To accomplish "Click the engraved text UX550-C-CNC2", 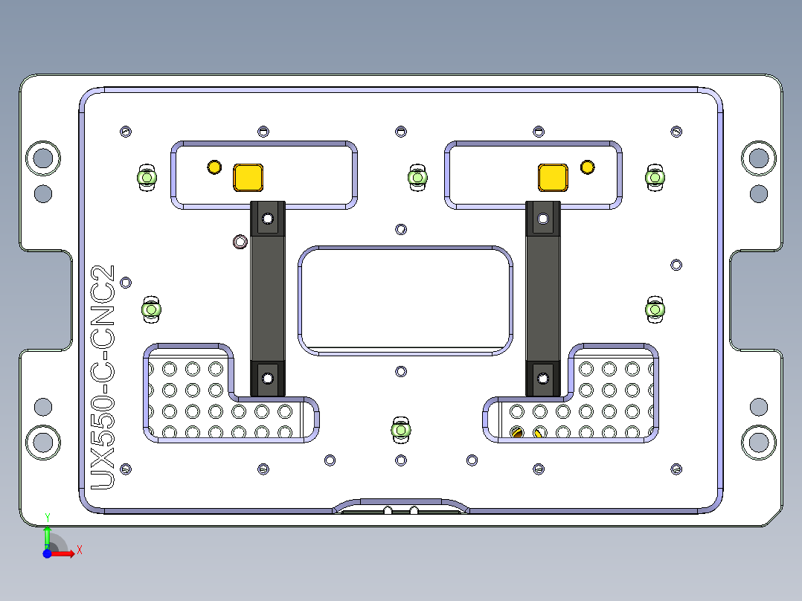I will click(x=102, y=377).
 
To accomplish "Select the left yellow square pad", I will click(x=248, y=177).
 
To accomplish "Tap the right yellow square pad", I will click(x=552, y=177).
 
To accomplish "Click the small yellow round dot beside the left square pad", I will click(x=214, y=167).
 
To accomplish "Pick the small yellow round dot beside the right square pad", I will click(x=587, y=167).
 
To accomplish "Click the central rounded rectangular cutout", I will click(x=405, y=299).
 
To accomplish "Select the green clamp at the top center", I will click(x=418, y=178).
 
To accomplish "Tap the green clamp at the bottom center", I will click(x=401, y=429).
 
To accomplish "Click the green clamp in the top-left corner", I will click(x=147, y=178).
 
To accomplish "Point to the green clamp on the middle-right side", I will click(x=655, y=309).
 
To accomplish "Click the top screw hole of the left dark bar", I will click(x=267, y=219).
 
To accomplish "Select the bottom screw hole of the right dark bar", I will click(x=542, y=379).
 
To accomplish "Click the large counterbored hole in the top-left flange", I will click(x=42, y=158).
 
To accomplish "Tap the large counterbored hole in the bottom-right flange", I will click(x=758, y=442).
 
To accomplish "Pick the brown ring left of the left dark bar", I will click(x=240, y=242).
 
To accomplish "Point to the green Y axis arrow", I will click(x=47, y=534).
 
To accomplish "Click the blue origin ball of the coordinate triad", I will click(x=47, y=553).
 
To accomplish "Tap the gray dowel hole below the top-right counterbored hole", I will click(x=758, y=193).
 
